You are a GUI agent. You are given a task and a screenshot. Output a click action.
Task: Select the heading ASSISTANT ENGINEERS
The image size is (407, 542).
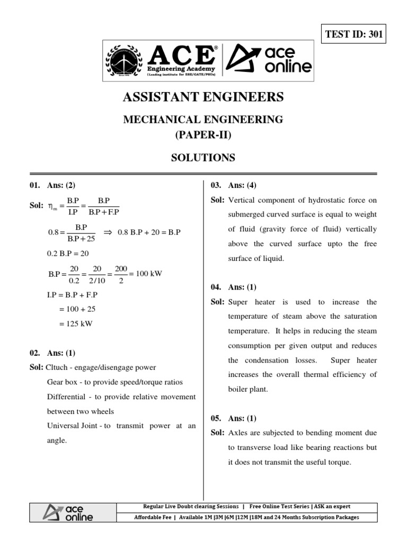click(x=203, y=97)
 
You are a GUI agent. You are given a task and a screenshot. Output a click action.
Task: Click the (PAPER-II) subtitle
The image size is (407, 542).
click(x=203, y=135)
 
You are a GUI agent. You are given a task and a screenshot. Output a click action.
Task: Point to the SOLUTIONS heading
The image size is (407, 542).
click(x=203, y=157)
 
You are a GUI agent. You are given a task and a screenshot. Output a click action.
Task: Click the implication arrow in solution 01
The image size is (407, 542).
click(x=106, y=233)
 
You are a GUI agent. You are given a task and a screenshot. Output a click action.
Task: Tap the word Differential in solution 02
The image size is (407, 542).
click(x=65, y=396)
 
